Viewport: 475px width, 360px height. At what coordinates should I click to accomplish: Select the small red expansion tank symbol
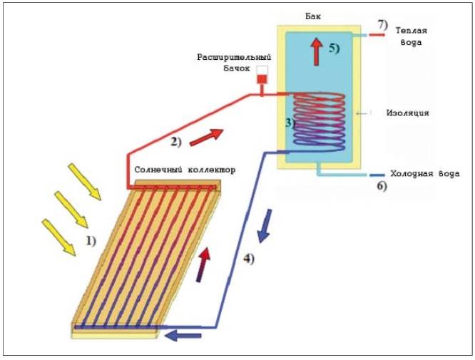point(262,78)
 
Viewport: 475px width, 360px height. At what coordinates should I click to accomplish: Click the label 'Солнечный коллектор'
point(185,171)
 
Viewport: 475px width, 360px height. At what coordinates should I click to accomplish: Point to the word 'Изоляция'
point(407,113)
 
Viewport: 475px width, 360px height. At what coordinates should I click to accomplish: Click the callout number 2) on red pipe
point(176,141)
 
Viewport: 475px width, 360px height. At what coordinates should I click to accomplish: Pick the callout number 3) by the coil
point(290,122)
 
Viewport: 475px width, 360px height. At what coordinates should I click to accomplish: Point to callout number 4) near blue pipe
point(247,259)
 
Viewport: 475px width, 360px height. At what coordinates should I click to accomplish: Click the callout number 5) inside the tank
point(336,49)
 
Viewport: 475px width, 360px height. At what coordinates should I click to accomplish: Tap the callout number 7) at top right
point(382,26)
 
